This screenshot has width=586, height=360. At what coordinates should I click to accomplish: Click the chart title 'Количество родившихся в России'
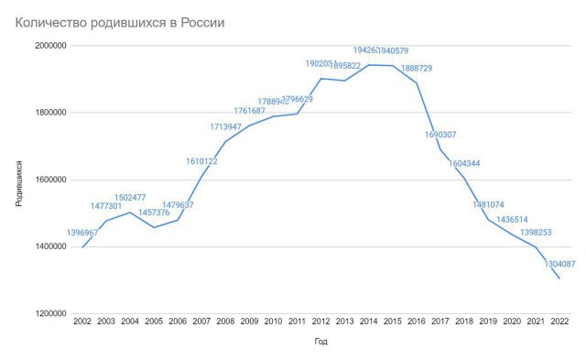click(x=119, y=20)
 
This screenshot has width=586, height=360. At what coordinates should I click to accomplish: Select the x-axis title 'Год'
click(x=320, y=341)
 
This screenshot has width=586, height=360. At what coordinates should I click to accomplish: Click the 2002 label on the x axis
click(x=82, y=322)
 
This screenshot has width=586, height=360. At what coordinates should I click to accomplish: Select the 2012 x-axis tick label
click(x=320, y=322)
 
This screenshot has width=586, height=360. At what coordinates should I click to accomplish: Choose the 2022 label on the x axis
click(x=559, y=322)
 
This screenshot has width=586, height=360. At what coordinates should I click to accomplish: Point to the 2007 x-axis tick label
click(x=201, y=322)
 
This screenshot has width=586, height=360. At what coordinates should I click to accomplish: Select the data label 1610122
click(x=201, y=161)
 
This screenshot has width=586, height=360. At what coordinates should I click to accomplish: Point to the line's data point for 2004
click(x=130, y=213)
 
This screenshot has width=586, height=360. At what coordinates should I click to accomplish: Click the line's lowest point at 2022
click(x=559, y=278)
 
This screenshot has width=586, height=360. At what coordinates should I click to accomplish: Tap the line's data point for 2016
click(x=416, y=82)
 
